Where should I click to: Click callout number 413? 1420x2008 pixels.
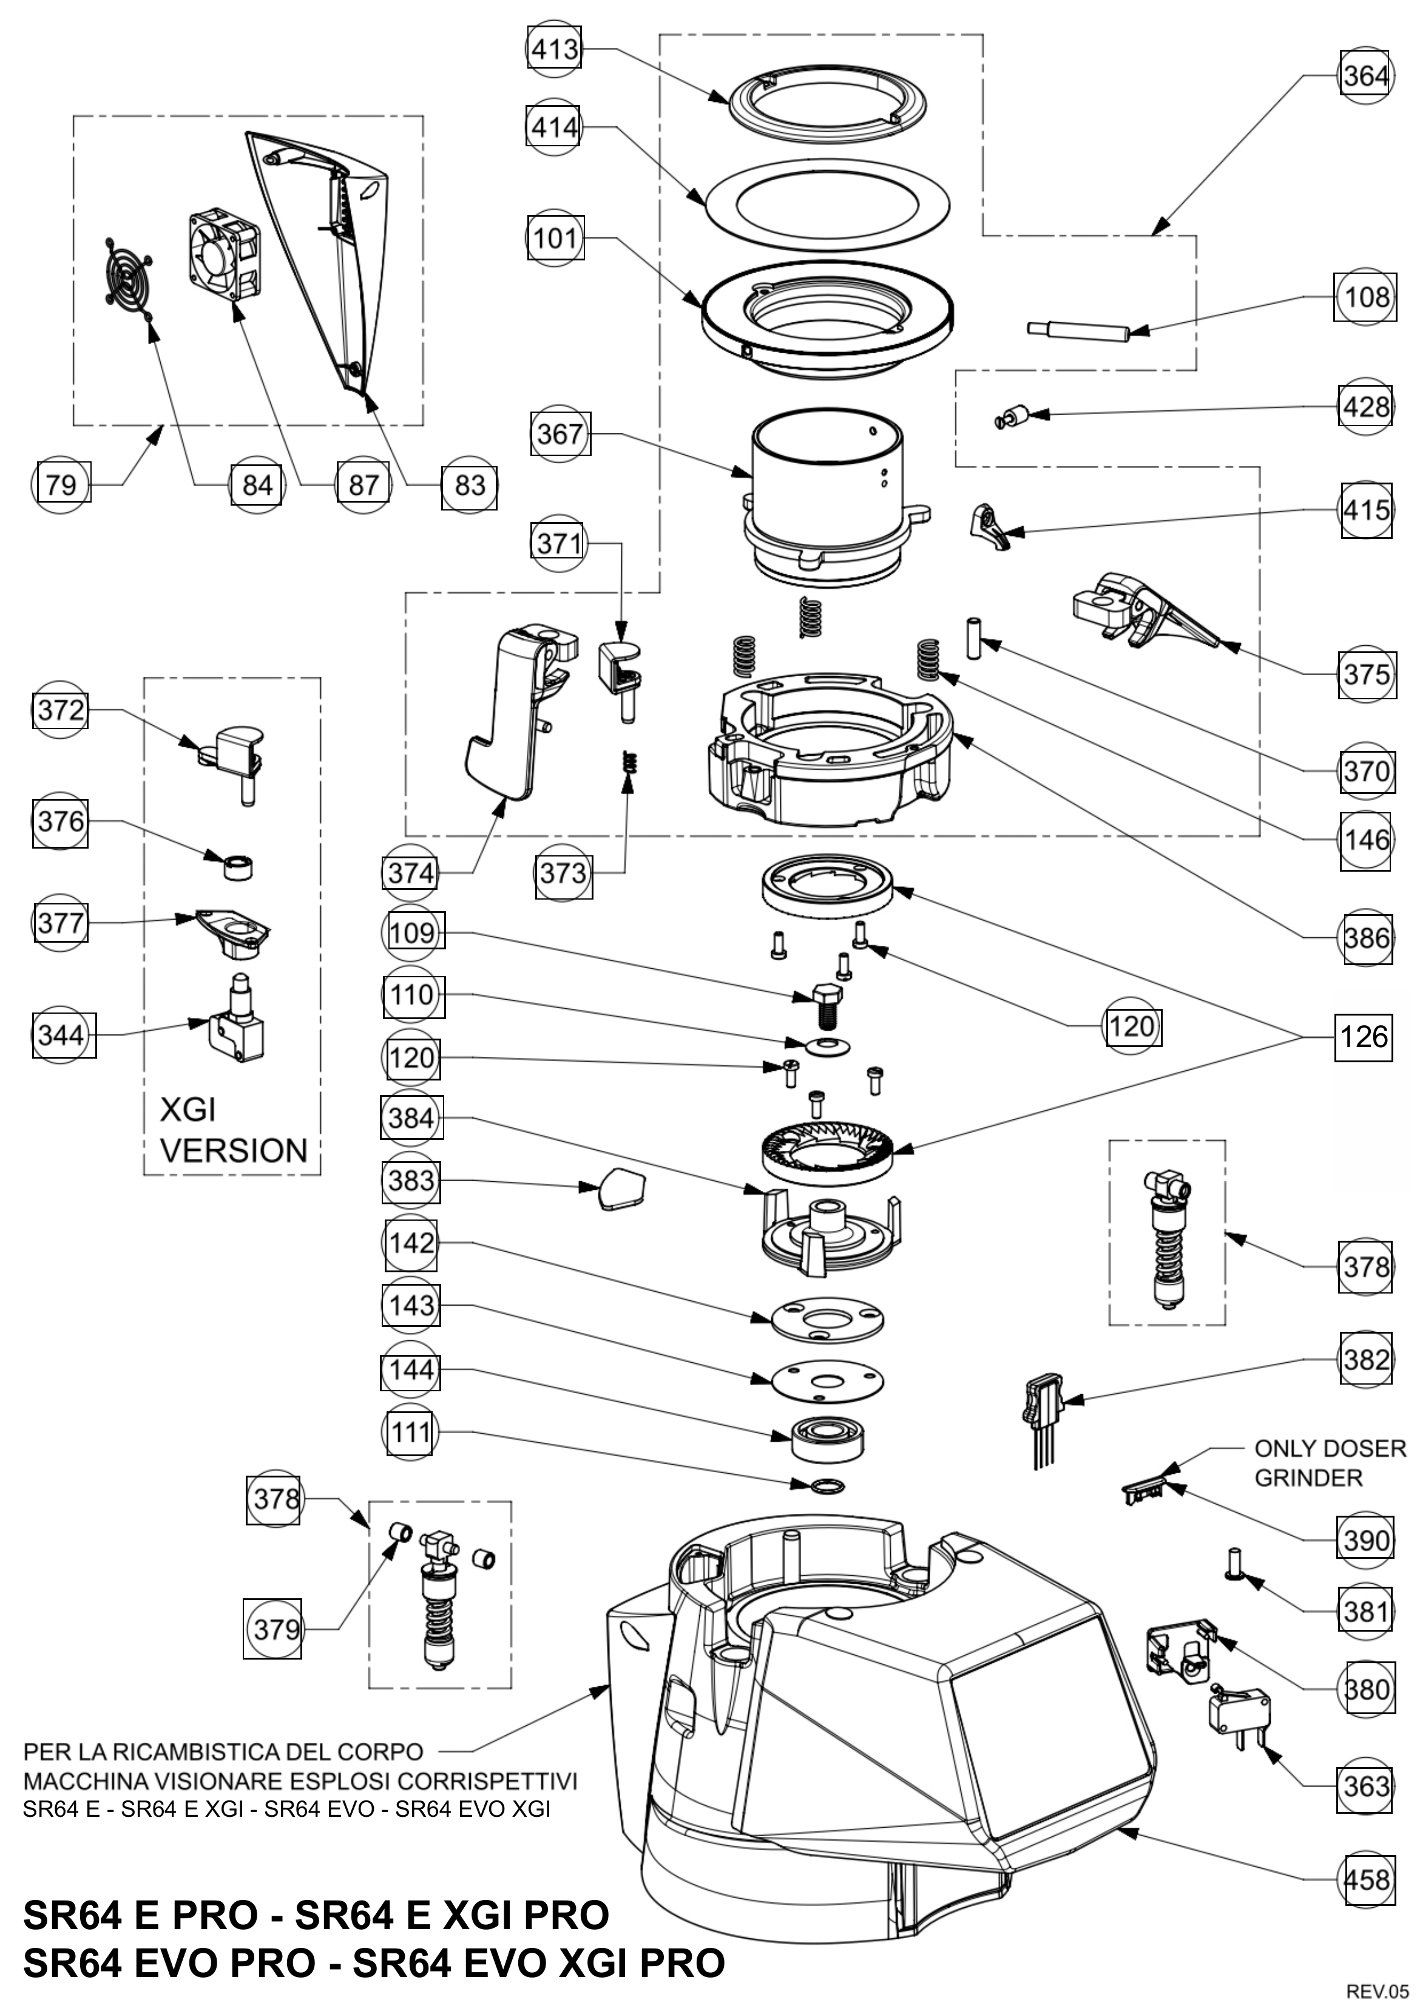[x=555, y=49]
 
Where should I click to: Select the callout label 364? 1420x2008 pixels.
[x=1365, y=76]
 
